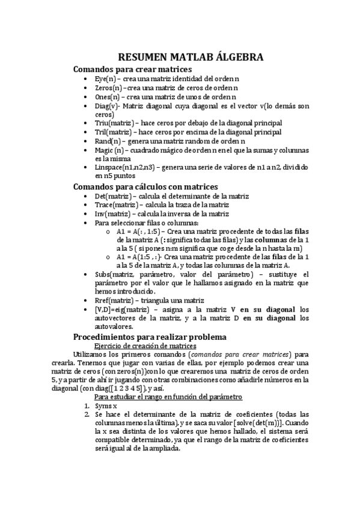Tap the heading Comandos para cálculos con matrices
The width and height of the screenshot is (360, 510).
tap(145, 186)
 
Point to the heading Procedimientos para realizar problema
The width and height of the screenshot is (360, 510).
tap(150, 337)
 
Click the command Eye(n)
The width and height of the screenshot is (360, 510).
tap(105, 79)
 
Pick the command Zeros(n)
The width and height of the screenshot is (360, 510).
tap(108, 88)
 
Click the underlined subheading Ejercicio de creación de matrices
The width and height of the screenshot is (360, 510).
tap(145, 346)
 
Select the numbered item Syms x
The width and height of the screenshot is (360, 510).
tap(106, 406)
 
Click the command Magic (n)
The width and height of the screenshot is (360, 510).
tap(110, 149)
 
